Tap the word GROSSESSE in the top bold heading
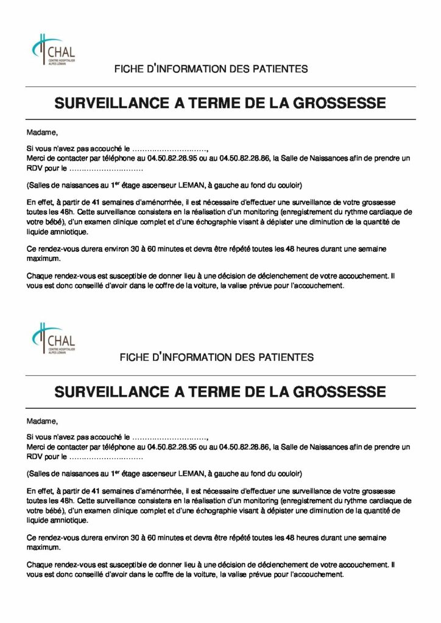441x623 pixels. [x=337, y=103]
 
